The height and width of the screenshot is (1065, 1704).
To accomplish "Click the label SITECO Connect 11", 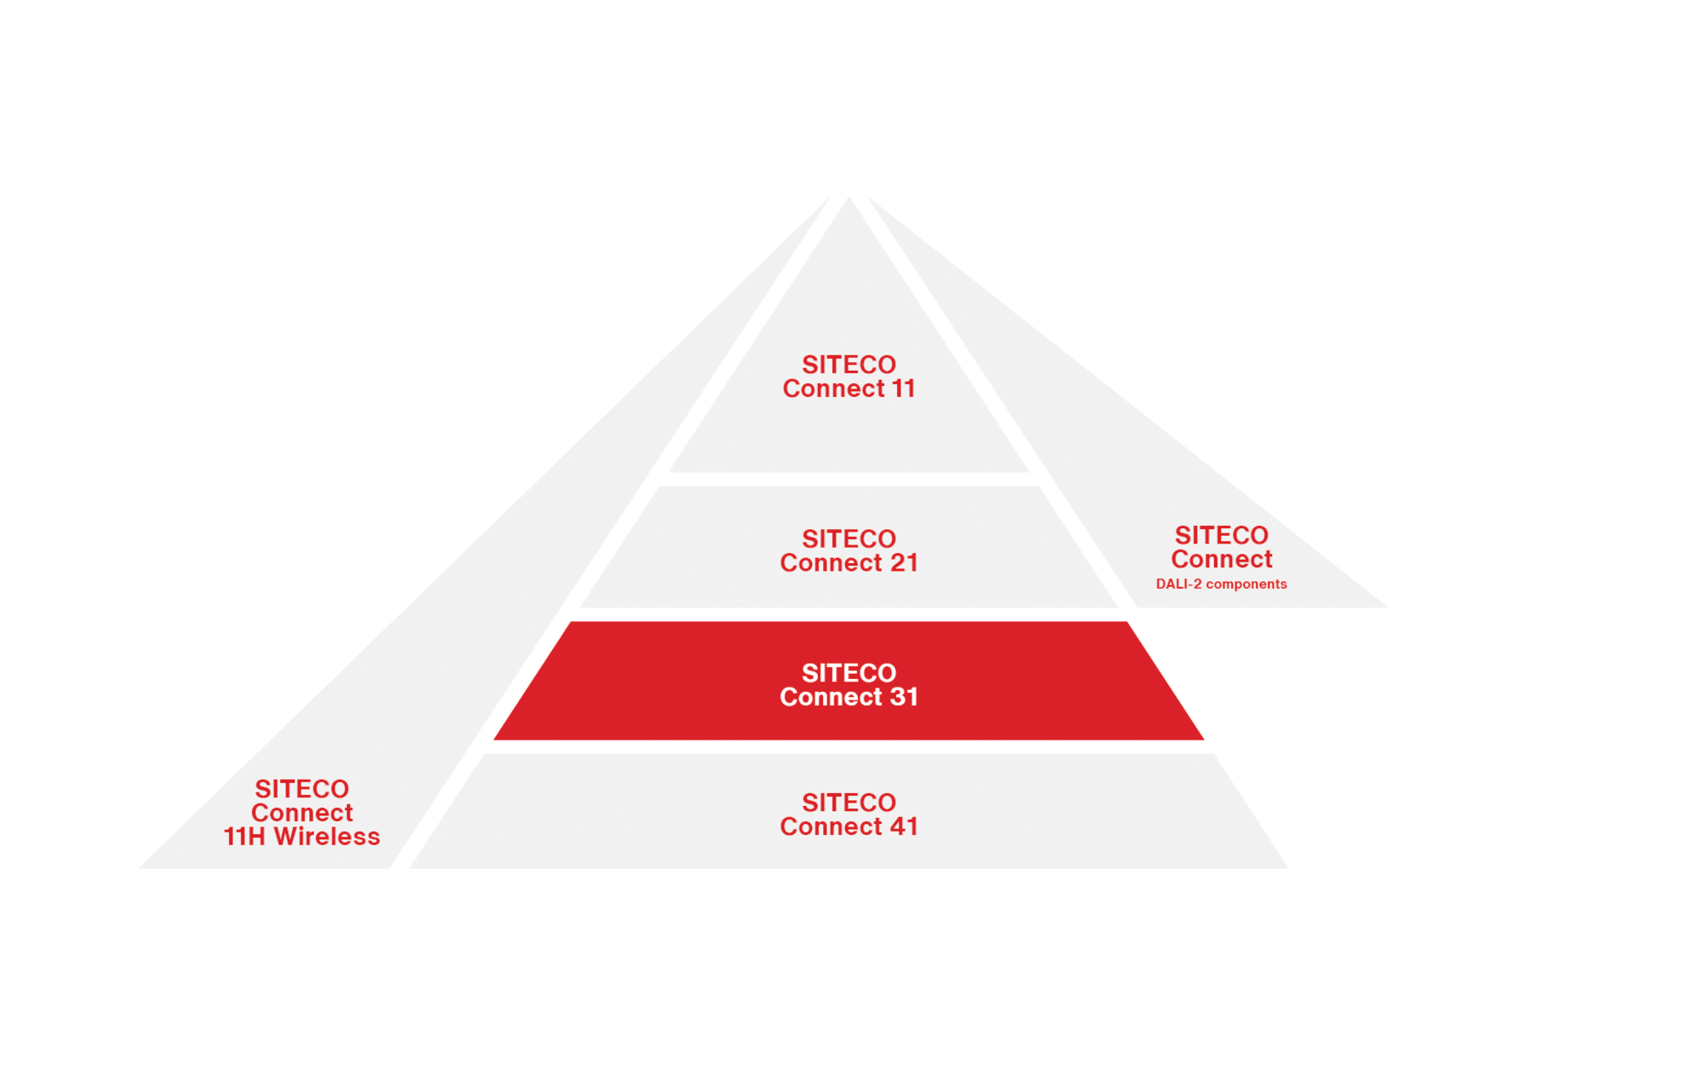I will (849, 377).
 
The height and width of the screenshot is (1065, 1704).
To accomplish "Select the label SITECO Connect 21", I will (849, 551).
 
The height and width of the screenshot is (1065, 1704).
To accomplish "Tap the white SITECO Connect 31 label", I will (849, 685).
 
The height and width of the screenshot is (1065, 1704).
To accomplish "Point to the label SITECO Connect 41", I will (849, 815).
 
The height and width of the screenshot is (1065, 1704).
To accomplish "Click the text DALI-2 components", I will (1221, 584).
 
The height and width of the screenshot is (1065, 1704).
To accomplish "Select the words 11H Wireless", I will (302, 837).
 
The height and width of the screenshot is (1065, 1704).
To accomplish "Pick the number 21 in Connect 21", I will (904, 563).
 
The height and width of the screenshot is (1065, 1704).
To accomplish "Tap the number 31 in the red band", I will (904, 697).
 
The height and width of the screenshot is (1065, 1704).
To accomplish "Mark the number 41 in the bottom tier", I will (904, 826).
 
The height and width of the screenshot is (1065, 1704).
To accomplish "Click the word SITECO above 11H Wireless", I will (302, 789).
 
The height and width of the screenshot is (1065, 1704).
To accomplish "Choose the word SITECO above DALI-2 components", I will (1221, 535).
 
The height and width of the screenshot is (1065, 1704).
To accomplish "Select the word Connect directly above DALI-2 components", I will (1221, 559).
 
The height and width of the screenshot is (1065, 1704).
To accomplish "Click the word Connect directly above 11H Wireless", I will (302, 813).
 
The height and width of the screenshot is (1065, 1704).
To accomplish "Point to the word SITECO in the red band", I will (849, 673).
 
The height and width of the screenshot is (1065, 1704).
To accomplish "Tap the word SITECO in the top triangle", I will (849, 365).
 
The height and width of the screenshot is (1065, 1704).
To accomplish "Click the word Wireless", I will (327, 837).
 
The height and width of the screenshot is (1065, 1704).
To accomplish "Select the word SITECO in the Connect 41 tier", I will (849, 803).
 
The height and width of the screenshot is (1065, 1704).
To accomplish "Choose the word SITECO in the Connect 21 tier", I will (849, 539).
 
